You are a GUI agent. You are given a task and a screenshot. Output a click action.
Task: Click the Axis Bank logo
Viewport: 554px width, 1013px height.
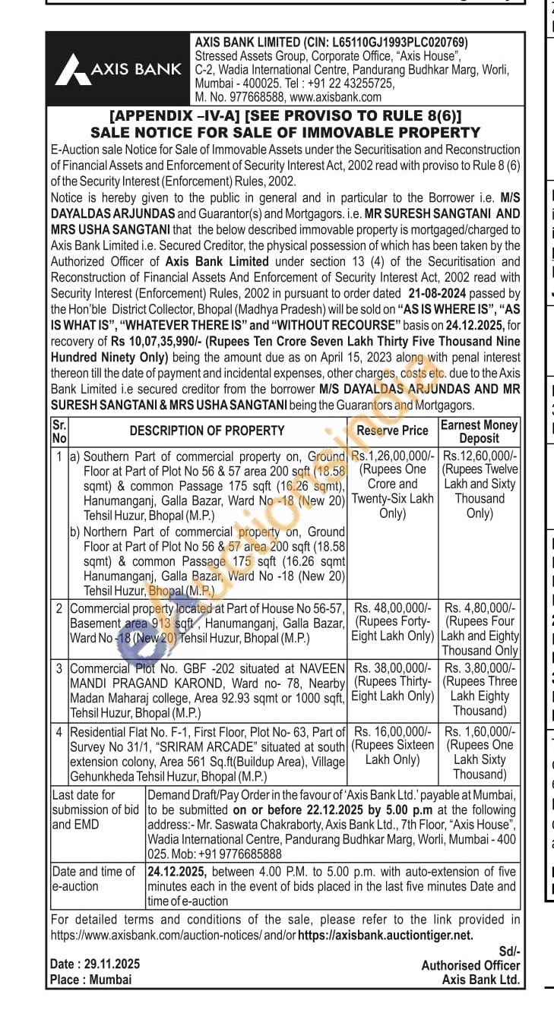[118, 70]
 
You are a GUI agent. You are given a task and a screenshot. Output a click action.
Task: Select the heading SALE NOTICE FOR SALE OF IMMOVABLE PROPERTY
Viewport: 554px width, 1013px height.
[285, 132]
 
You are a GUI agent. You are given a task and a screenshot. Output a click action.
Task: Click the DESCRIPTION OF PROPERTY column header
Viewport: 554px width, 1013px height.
[207, 431]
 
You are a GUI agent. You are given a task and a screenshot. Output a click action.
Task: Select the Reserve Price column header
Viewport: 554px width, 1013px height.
[392, 431]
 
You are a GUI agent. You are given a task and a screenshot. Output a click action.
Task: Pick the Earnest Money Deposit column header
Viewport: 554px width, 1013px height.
[479, 431]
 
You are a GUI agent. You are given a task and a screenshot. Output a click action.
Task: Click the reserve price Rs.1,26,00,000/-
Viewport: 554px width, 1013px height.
[392, 456]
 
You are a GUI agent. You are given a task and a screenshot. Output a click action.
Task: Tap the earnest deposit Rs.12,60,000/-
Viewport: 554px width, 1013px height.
[480, 456]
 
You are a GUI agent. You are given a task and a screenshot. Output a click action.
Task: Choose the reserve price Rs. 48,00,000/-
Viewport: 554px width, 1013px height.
[392, 608]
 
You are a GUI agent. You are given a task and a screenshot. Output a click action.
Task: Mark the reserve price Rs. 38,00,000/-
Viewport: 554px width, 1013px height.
[392, 667]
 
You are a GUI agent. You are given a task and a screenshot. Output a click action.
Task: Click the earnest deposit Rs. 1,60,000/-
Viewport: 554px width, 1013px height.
[480, 731]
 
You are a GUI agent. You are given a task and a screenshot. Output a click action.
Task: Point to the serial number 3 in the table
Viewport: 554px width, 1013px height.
[59, 667]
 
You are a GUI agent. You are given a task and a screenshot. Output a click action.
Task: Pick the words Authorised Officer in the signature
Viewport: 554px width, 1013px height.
[471, 965]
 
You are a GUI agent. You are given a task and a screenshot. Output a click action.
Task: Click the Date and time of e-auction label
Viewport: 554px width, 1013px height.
[93, 879]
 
